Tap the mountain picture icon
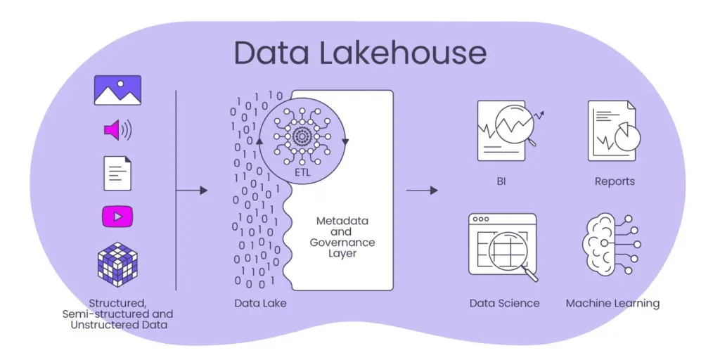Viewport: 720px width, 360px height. [117, 91]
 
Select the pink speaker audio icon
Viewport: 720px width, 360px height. [117, 130]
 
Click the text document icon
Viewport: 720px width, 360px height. [117, 173]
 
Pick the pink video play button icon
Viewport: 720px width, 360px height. [117, 217]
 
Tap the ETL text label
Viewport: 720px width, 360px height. [302, 171]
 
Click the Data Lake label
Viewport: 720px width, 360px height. [260, 304]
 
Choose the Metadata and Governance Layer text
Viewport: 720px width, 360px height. [342, 237]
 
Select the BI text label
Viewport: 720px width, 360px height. [501, 181]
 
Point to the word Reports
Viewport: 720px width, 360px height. [615, 181]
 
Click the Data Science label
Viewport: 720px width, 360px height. [504, 304]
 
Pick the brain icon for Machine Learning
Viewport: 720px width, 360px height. [605, 245]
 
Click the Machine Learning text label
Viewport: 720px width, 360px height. [612, 304]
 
